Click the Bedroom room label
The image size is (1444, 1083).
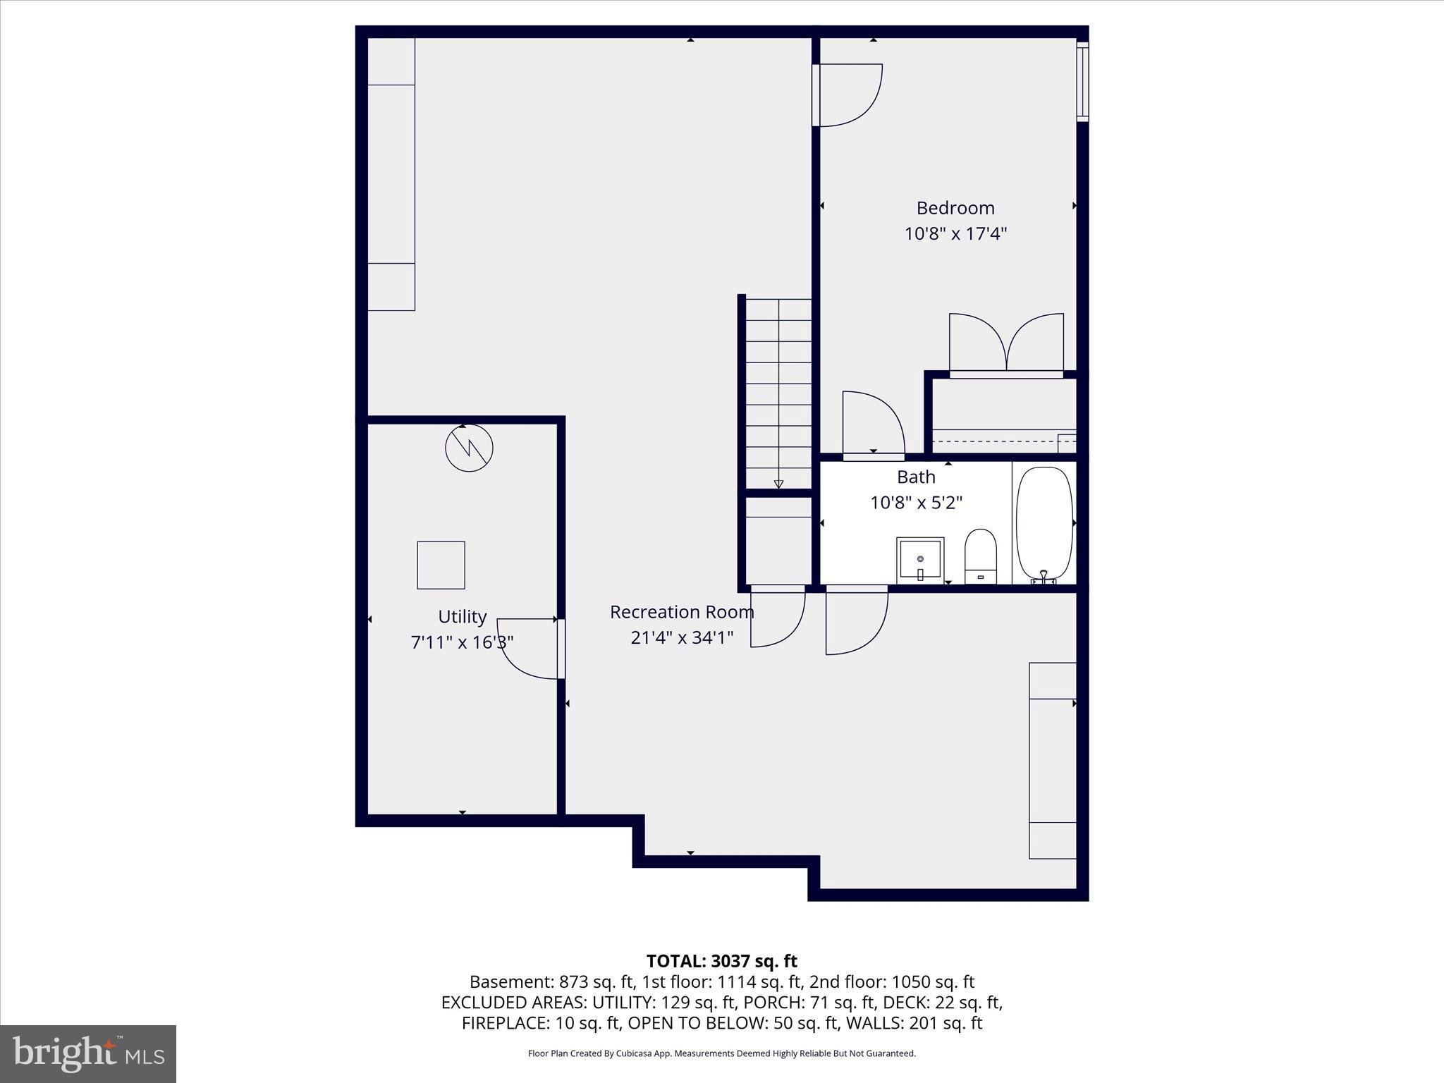[955, 208]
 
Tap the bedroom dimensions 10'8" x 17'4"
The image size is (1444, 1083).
[955, 233]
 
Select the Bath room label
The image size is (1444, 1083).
[916, 477]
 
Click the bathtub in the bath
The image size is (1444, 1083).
[1044, 524]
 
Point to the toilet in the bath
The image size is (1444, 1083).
[980, 556]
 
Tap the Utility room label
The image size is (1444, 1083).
[462, 617]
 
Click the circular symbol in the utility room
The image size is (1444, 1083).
[469, 448]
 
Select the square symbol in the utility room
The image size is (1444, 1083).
[441, 565]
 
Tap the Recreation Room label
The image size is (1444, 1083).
[682, 612]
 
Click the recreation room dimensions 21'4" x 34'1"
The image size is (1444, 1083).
[682, 637]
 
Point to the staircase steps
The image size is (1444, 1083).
[778, 388]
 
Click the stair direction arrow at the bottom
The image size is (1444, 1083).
[778, 484]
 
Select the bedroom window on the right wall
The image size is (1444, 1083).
[1082, 81]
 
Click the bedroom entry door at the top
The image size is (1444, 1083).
[848, 95]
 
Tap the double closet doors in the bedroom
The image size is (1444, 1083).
[1006, 343]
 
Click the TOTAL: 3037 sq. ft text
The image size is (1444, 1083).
[721, 961]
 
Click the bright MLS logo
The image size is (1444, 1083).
[88, 1053]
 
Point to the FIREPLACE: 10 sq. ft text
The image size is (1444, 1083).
[541, 1023]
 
